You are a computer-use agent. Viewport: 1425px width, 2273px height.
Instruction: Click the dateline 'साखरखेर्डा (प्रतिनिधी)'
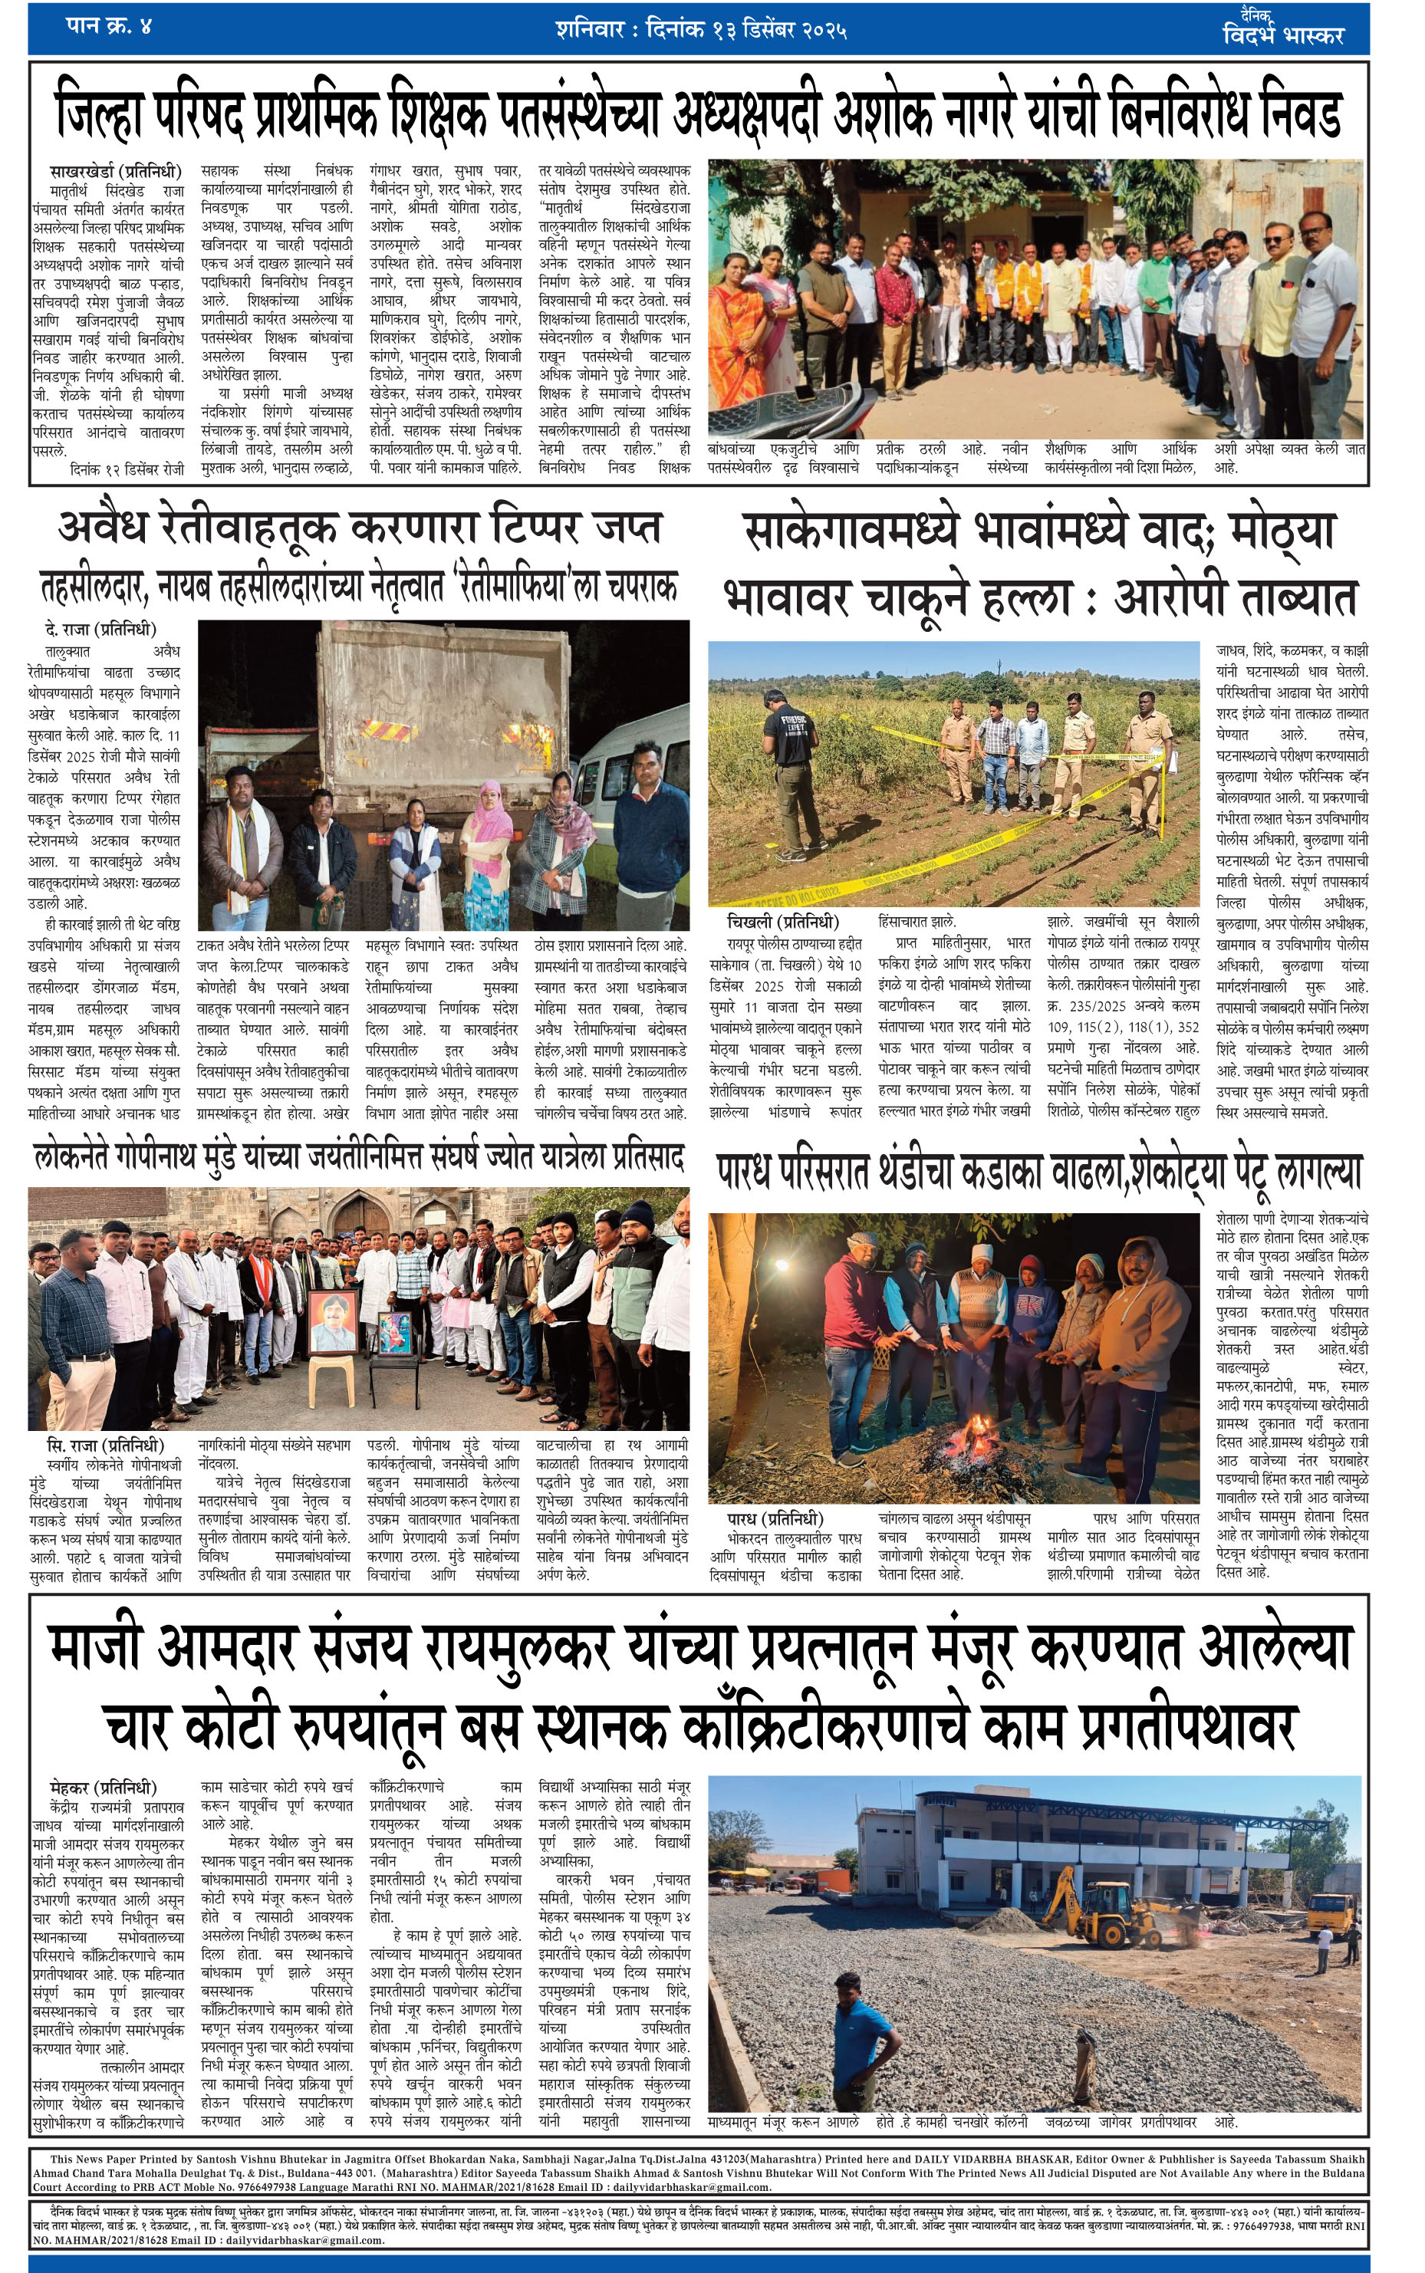click(115, 172)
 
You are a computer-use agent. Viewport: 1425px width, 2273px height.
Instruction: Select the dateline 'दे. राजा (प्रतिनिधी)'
click(100, 630)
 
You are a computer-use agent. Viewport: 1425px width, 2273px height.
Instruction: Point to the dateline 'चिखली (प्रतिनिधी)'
click(782, 922)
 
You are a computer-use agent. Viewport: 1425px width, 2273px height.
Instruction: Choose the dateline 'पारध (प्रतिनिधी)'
click(775, 1519)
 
